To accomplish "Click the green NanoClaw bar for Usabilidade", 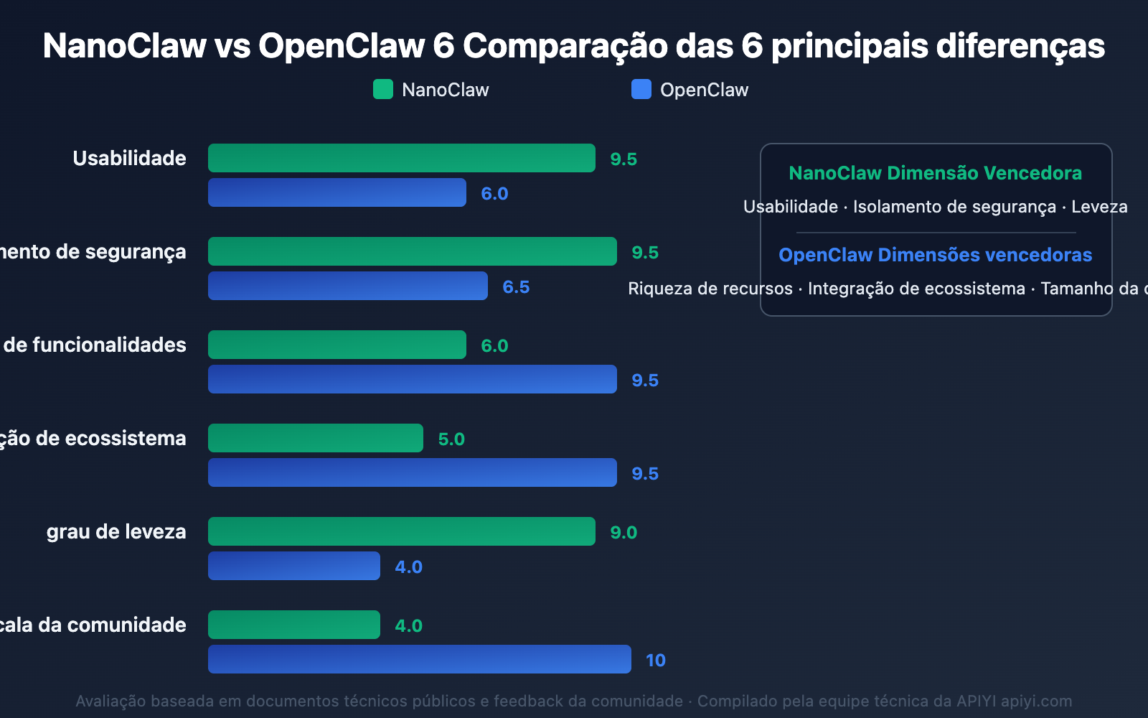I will (402, 158).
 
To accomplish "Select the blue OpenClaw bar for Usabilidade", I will (337, 192).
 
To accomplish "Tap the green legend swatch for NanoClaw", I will (383, 89).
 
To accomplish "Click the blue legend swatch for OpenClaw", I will (641, 89).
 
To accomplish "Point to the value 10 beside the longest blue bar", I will (655, 660).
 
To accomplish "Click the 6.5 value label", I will (516, 286).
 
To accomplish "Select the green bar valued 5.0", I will (316, 438).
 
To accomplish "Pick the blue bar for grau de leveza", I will (294, 566).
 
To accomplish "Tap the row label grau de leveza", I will (116, 531).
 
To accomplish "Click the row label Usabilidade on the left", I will (129, 158).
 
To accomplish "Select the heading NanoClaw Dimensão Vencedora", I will (935, 173).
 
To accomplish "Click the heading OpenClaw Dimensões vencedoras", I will (935, 255).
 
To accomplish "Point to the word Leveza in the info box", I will (1099, 207).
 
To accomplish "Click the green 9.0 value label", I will (624, 532).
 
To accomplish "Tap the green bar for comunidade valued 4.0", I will (294, 625).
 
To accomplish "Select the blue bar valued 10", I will (420, 659).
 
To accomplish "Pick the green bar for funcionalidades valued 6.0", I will (337, 345).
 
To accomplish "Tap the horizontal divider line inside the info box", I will (936, 233).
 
